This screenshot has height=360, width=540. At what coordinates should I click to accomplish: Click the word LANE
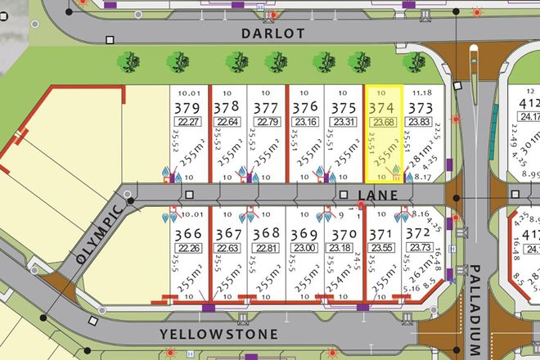click(x=376, y=196)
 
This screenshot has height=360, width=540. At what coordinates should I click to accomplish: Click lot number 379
click(x=187, y=109)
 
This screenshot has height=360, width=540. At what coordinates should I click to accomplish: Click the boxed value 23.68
click(x=382, y=124)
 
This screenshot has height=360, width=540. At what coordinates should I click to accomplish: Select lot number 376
click(x=304, y=109)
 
